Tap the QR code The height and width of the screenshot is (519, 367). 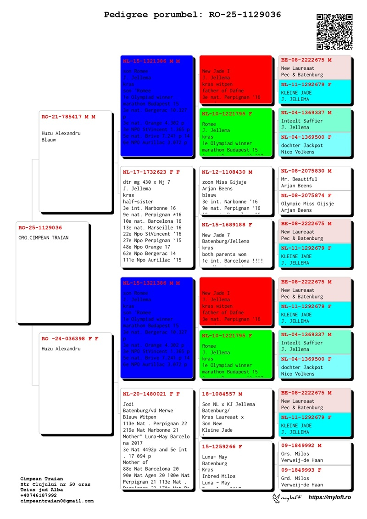point(334,31)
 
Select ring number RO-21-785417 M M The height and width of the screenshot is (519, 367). point(68,117)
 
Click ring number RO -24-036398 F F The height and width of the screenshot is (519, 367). point(70,338)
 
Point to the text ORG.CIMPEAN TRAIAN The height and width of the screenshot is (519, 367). point(44,238)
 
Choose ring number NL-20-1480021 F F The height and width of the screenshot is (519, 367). point(151,394)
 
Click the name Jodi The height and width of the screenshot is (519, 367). point(128,404)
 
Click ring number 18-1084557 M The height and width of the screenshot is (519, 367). point(222,394)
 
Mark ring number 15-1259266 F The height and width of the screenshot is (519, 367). point(222,446)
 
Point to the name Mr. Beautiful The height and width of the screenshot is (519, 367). point(299,179)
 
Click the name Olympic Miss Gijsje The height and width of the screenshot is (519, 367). point(307,203)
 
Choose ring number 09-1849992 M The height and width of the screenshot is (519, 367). point(301,445)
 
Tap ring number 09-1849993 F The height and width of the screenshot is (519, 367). point(301,470)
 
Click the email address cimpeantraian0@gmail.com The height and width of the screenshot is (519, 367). point(57,501)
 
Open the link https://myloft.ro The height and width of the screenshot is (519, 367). point(329,497)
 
